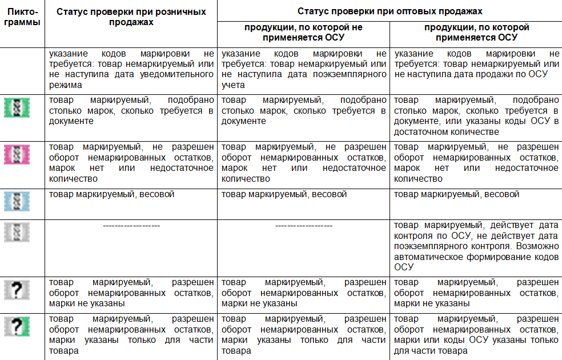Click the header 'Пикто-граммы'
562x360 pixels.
(22, 17)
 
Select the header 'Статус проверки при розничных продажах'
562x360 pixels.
(131, 17)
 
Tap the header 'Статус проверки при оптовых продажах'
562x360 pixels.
(390, 11)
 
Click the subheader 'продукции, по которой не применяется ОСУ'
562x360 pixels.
(303, 33)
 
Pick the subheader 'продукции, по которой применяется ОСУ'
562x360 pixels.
(476, 33)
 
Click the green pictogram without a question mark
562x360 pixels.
(17, 108)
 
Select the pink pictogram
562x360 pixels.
(17, 154)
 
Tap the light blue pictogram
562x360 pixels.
(17, 201)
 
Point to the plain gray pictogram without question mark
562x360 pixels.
(17, 232)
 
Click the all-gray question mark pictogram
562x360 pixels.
(17, 290)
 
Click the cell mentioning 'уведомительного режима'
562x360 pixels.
(131, 69)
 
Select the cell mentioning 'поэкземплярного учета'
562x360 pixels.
(303, 69)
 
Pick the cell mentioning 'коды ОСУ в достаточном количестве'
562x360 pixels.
(476, 116)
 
